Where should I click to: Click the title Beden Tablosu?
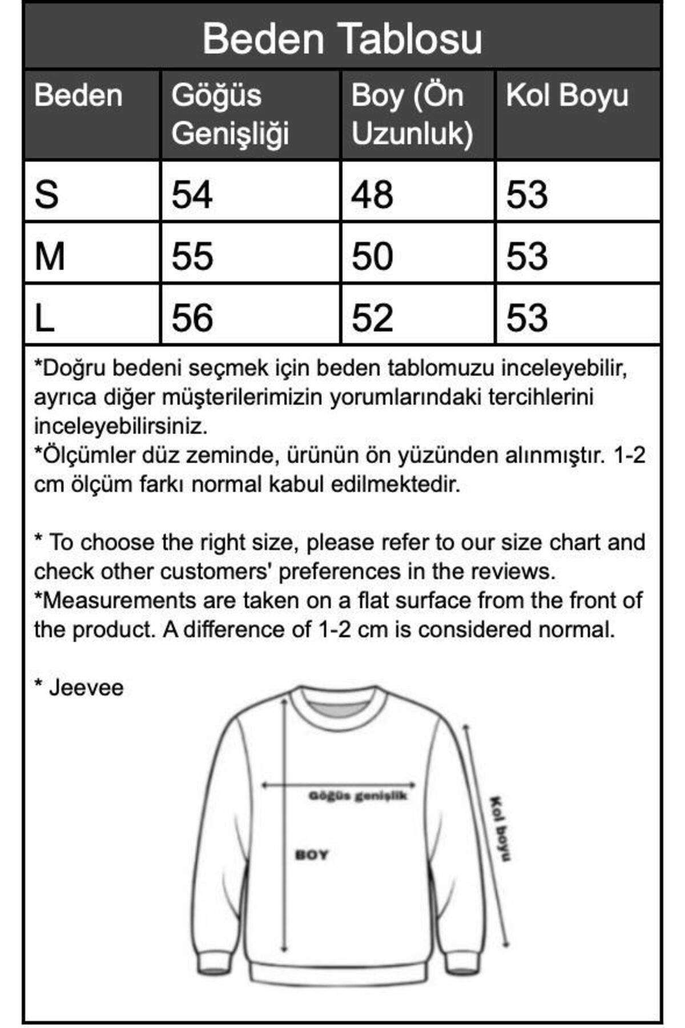coord(342,39)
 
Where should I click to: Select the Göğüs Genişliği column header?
coord(230,114)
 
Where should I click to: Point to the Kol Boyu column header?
coord(567,95)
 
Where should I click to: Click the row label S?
coord(47,194)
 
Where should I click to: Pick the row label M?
coord(50,256)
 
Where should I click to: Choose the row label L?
coord(45,318)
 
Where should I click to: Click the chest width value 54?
coord(192,194)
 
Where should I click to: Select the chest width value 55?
coord(192,256)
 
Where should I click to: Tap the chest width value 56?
coord(192,318)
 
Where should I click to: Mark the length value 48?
coord(372,194)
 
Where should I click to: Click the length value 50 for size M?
coord(372,256)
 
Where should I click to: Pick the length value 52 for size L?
coord(372,318)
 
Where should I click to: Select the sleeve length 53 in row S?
coord(527,194)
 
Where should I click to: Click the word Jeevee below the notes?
coord(86,688)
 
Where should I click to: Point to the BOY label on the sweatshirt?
coord(312,855)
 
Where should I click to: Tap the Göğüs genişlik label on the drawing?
coord(358,796)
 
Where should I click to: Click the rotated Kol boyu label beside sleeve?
coord(500,828)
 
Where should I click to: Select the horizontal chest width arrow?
coord(339,785)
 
